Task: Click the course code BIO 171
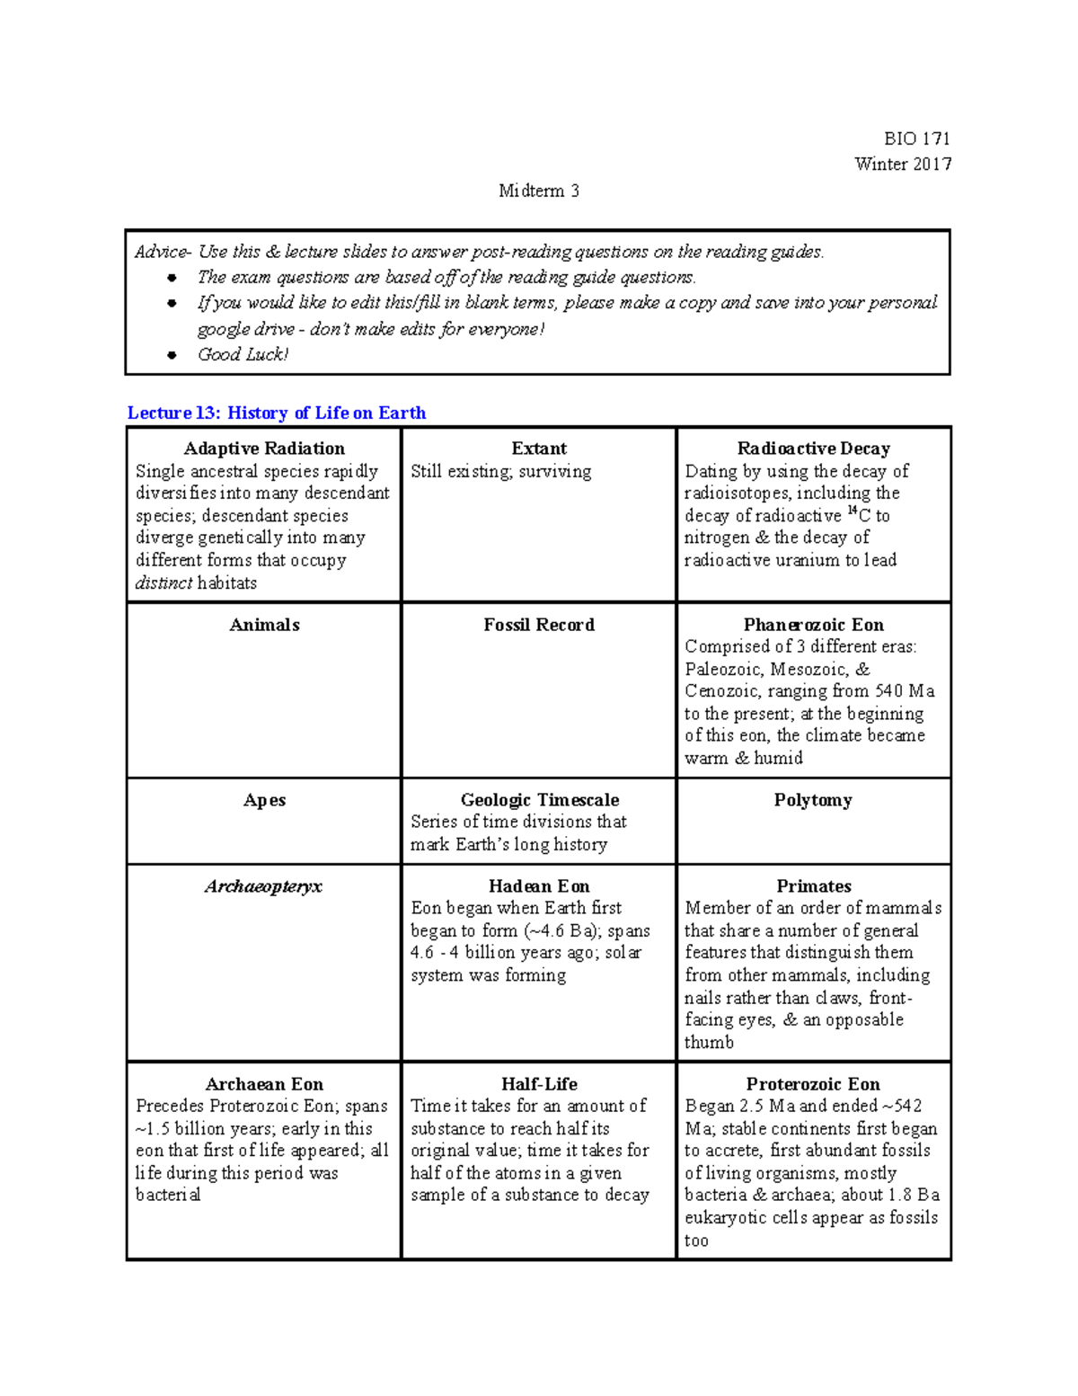(916, 138)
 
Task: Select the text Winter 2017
(903, 164)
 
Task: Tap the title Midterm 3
(539, 191)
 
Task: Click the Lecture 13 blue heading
(276, 413)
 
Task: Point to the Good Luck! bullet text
(243, 354)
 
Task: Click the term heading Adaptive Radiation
(264, 449)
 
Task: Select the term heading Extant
(539, 449)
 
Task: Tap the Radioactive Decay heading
(813, 449)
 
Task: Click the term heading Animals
(264, 625)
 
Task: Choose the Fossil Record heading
(539, 625)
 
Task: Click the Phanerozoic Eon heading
(813, 625)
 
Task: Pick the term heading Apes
(264, 800)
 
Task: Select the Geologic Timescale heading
(539, 800)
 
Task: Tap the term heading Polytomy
(813, 800)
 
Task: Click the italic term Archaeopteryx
(263, 886)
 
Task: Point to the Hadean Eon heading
(539, 886)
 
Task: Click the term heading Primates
(813, 886)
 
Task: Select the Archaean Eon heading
(264, 1084)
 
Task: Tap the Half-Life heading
(539, 1084)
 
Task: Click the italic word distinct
(163, 582)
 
